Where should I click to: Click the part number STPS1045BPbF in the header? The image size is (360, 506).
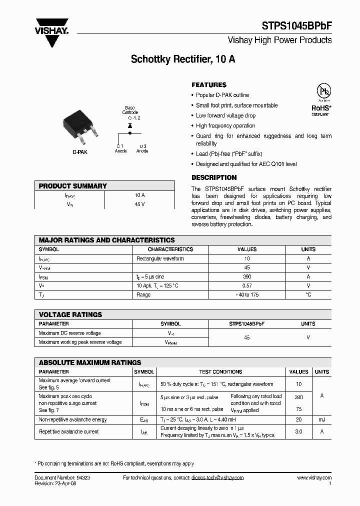296,25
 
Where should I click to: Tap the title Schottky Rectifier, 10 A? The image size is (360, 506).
183,59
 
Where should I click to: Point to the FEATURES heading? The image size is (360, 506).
209,85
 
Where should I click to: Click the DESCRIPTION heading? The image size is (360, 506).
214,177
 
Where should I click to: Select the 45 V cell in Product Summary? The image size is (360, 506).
139,204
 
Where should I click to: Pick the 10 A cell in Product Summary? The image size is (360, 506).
139,195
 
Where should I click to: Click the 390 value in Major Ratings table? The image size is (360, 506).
247,276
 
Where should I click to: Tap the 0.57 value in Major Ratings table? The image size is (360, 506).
247,285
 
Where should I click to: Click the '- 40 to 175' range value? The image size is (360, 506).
247,294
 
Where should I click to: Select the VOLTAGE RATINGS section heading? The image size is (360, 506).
70,314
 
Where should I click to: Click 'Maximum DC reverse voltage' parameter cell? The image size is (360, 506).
69,333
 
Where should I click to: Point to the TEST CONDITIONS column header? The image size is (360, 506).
220,372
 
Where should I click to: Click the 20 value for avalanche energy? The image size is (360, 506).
299,420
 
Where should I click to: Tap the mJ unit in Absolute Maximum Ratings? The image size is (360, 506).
321,420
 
